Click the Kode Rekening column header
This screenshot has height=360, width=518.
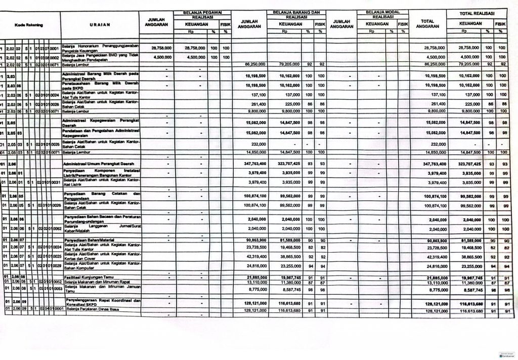click(28, 24)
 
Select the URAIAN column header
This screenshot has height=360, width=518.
click(100, 24)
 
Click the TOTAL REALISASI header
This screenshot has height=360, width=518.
click(476, 12)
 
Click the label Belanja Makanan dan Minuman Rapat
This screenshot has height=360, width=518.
click(95, 282)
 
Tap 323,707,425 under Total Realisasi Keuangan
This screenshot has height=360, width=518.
click(468, 165)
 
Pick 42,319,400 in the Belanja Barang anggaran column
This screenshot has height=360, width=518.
click(254, 257)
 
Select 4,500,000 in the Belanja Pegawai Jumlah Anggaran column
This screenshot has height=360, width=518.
click(161, 57)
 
